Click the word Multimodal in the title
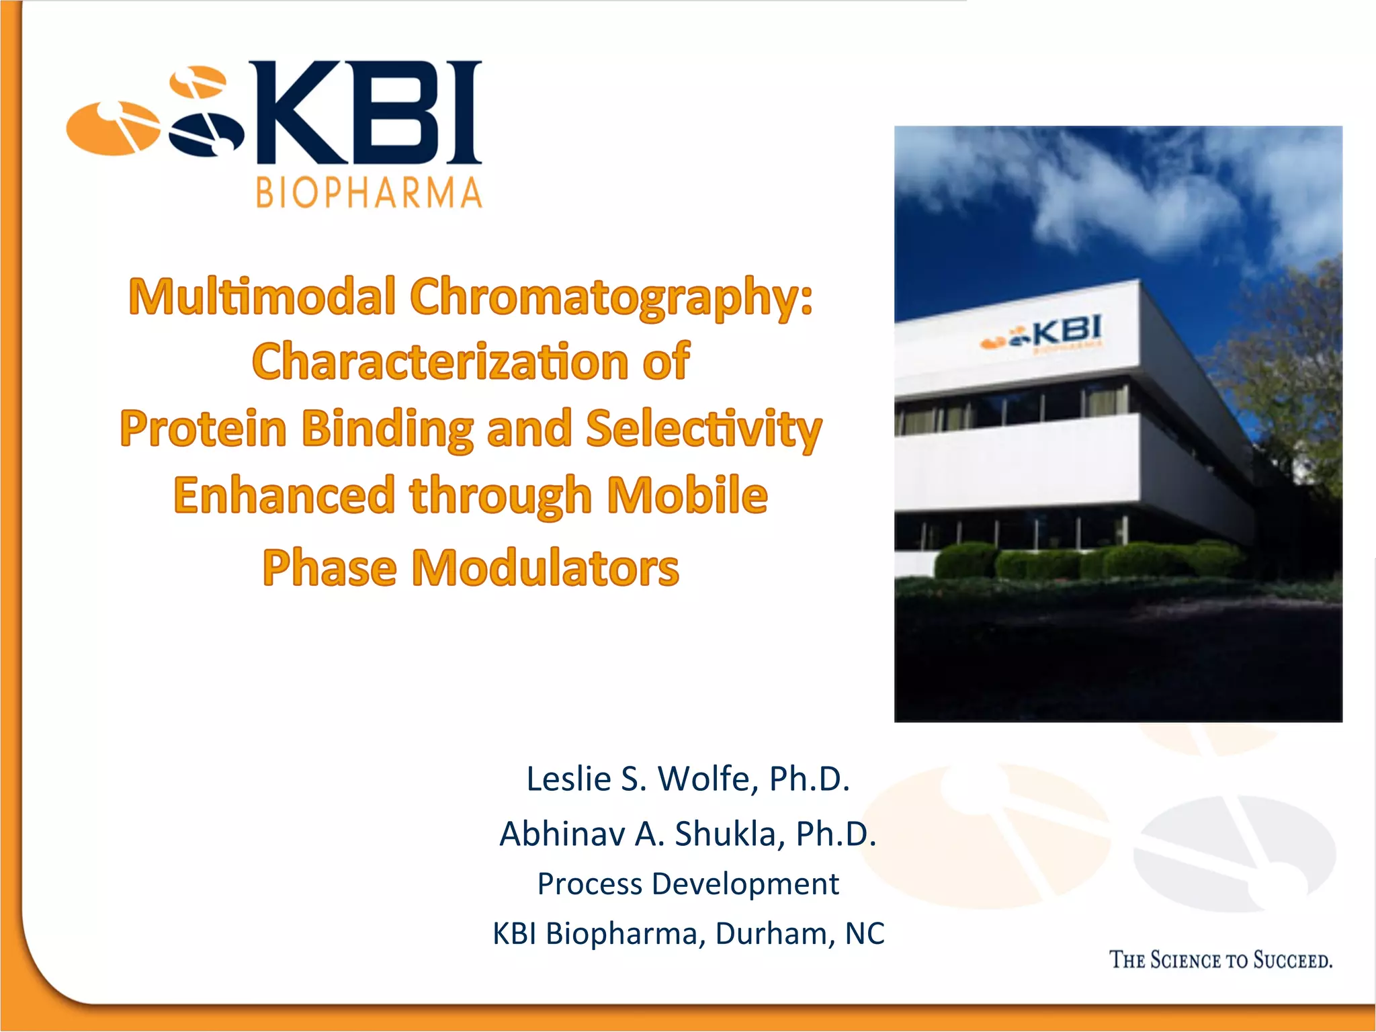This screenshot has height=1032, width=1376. pyautogui.click(x=262, y=297)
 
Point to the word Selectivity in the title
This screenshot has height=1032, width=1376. pyautogui.click(x=703, y=429)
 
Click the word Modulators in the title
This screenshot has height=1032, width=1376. pyautogui.click(x=545, y=568)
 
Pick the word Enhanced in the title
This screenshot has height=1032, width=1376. pyautogui.click(x=284, y=495)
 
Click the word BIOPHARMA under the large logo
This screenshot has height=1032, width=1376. pyautogui.click(x=369, y=193)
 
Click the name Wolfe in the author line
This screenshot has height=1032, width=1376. pyautogui.click(x=703, y=779)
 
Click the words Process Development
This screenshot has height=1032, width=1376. pyautogui.click(x=688, y=884)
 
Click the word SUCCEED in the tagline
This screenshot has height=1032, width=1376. pyautogui.click(x=1293, y=960)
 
